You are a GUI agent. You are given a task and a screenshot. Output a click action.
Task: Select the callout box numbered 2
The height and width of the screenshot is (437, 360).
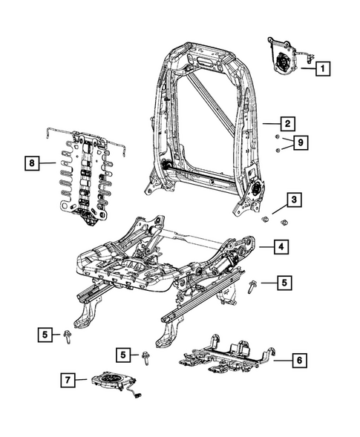[x=287, y=125]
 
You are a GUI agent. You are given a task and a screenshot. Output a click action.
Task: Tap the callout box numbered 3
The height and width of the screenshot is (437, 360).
[x=295, y=200]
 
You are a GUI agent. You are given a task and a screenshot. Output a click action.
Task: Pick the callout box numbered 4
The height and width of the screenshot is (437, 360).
[x=281, y=248]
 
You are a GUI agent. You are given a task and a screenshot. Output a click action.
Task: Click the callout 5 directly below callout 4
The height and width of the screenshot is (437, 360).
[x=285, y=283]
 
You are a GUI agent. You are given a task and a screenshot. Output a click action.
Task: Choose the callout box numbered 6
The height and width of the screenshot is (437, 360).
[x=298, y=360]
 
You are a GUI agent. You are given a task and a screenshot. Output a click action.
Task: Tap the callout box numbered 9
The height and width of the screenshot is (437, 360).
[x=301, y=142]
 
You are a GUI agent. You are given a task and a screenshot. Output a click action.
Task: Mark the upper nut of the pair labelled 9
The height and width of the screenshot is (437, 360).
[x=276, y=139]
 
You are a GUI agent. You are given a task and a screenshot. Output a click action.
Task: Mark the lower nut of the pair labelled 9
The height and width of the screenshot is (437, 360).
[x=276, y=151]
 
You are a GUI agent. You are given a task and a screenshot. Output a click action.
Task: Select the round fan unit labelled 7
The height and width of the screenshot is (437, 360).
[x=111, y=381]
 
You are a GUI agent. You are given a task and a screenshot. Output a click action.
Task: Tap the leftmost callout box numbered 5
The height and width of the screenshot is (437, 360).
[x=46, y=335]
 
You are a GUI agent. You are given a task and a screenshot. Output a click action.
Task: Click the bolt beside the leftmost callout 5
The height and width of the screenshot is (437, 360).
[x=68, y=335]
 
